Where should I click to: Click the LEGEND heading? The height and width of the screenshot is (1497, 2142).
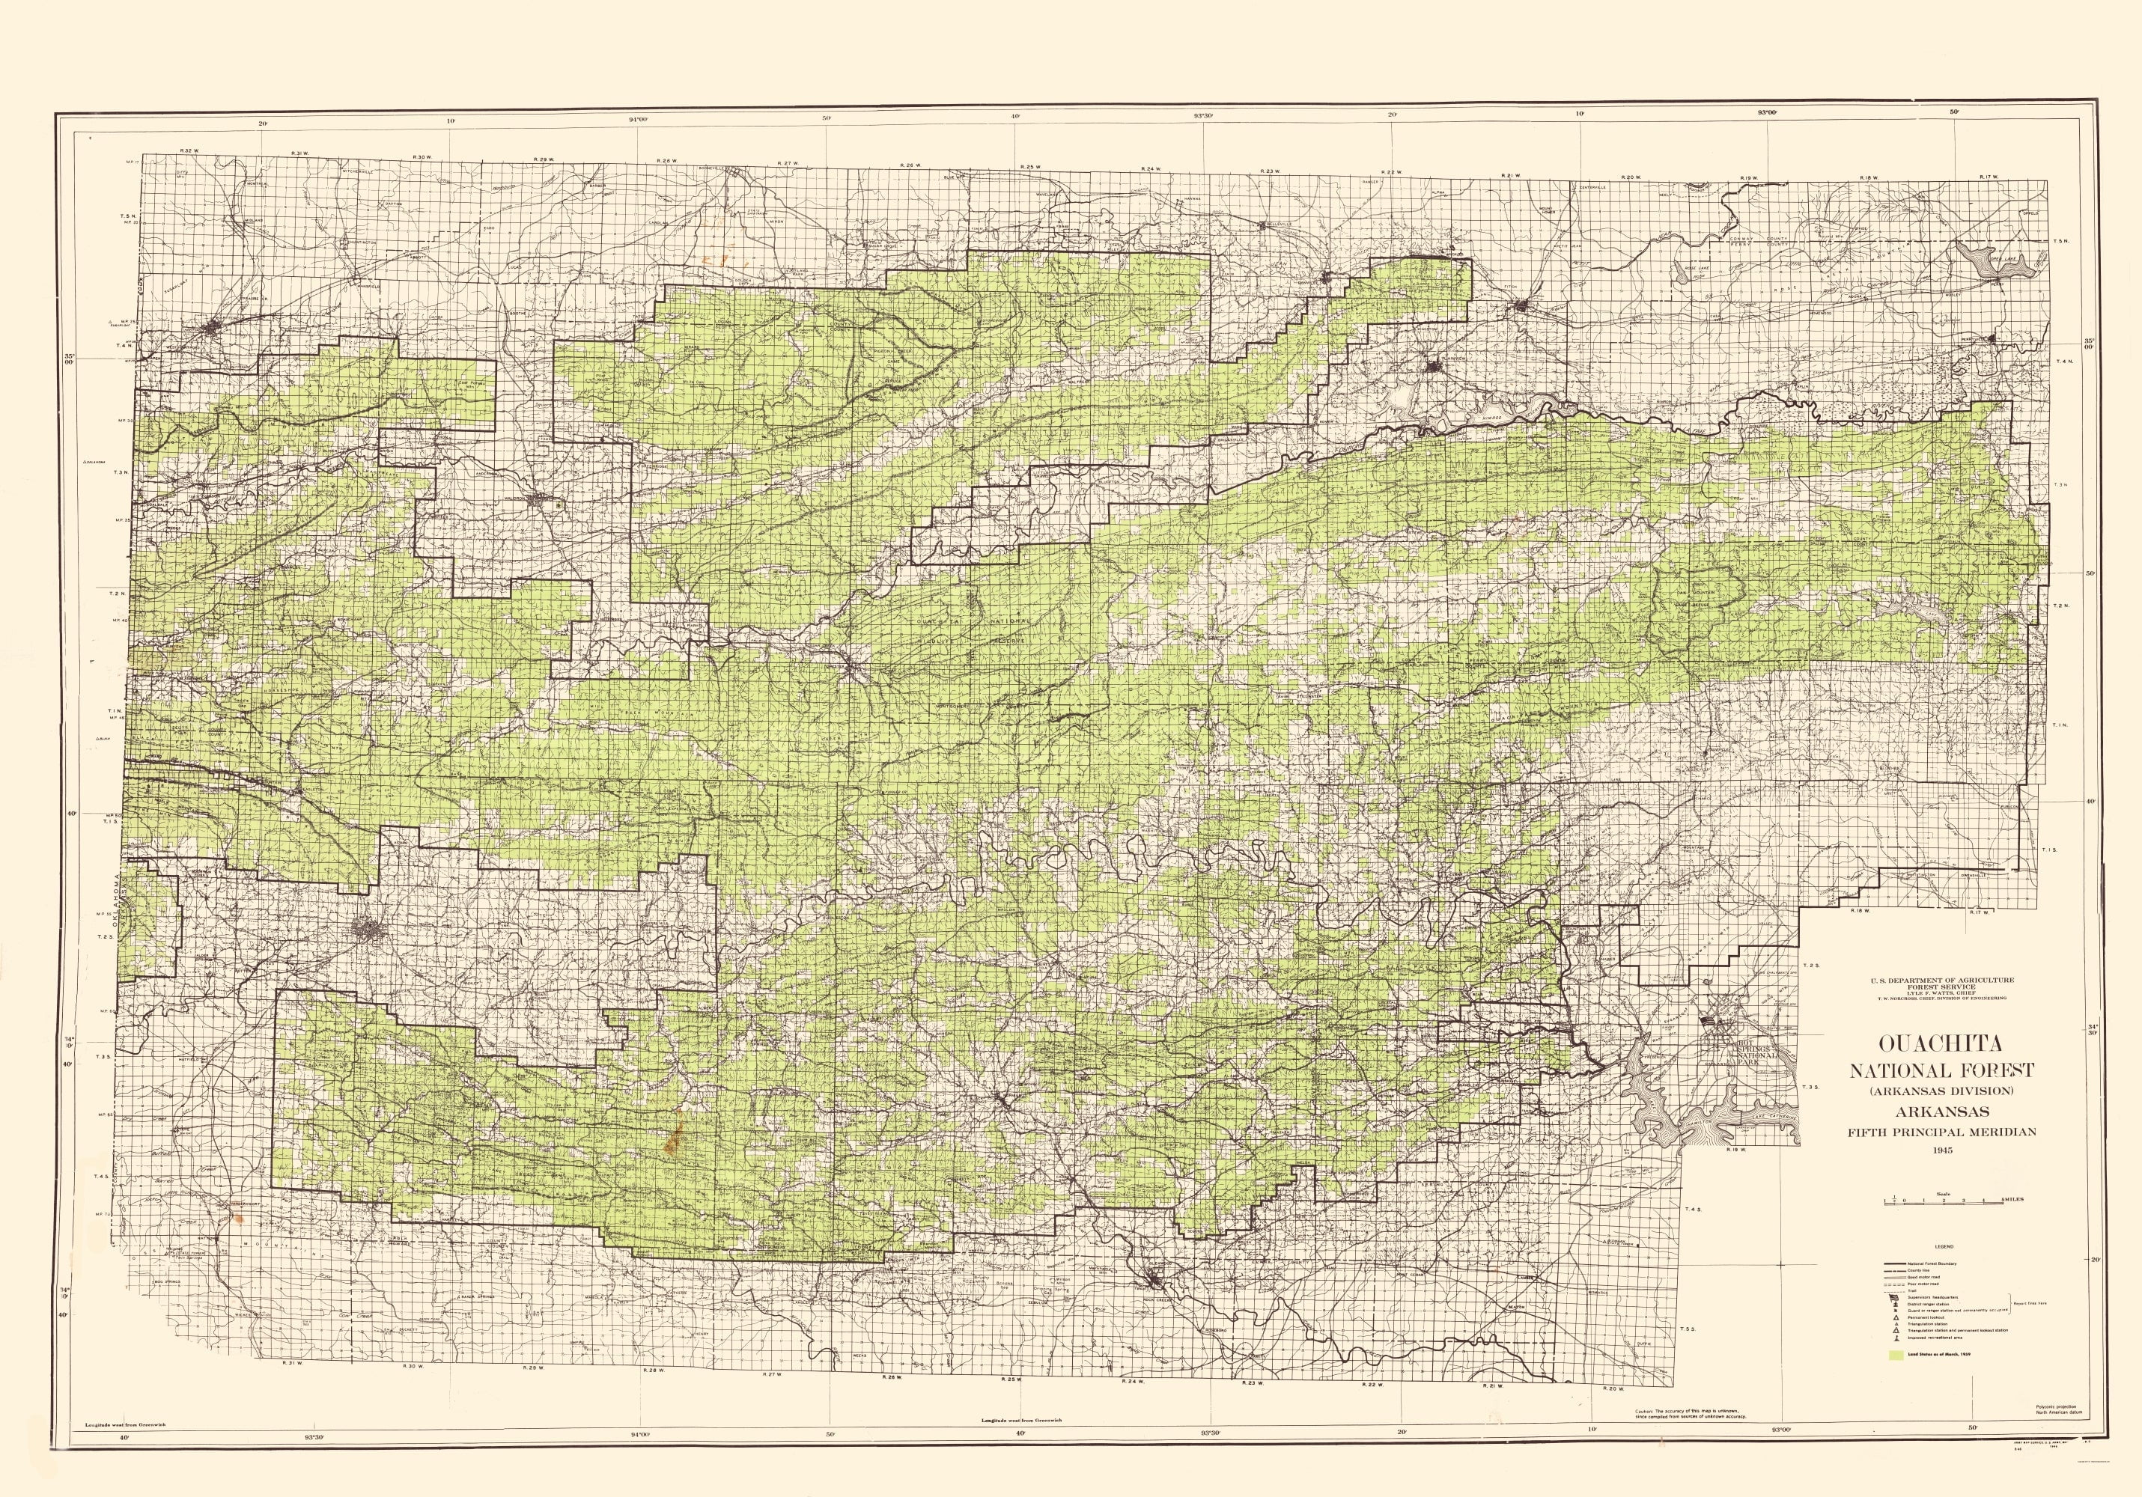pos(1944,1247)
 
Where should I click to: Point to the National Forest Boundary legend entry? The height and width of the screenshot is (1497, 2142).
pos(1932,1263)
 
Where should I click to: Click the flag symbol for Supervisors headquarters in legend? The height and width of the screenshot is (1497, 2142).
pos(1894,1297)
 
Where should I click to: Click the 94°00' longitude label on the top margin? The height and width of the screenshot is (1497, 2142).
pos(638,118)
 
